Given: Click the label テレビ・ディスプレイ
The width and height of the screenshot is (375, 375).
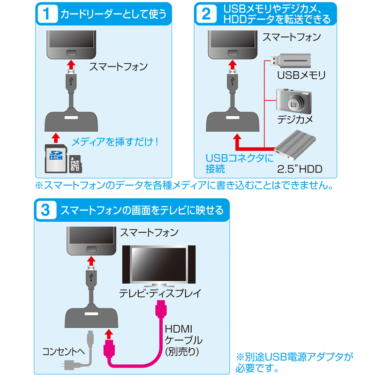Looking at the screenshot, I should (x=160, y=294).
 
